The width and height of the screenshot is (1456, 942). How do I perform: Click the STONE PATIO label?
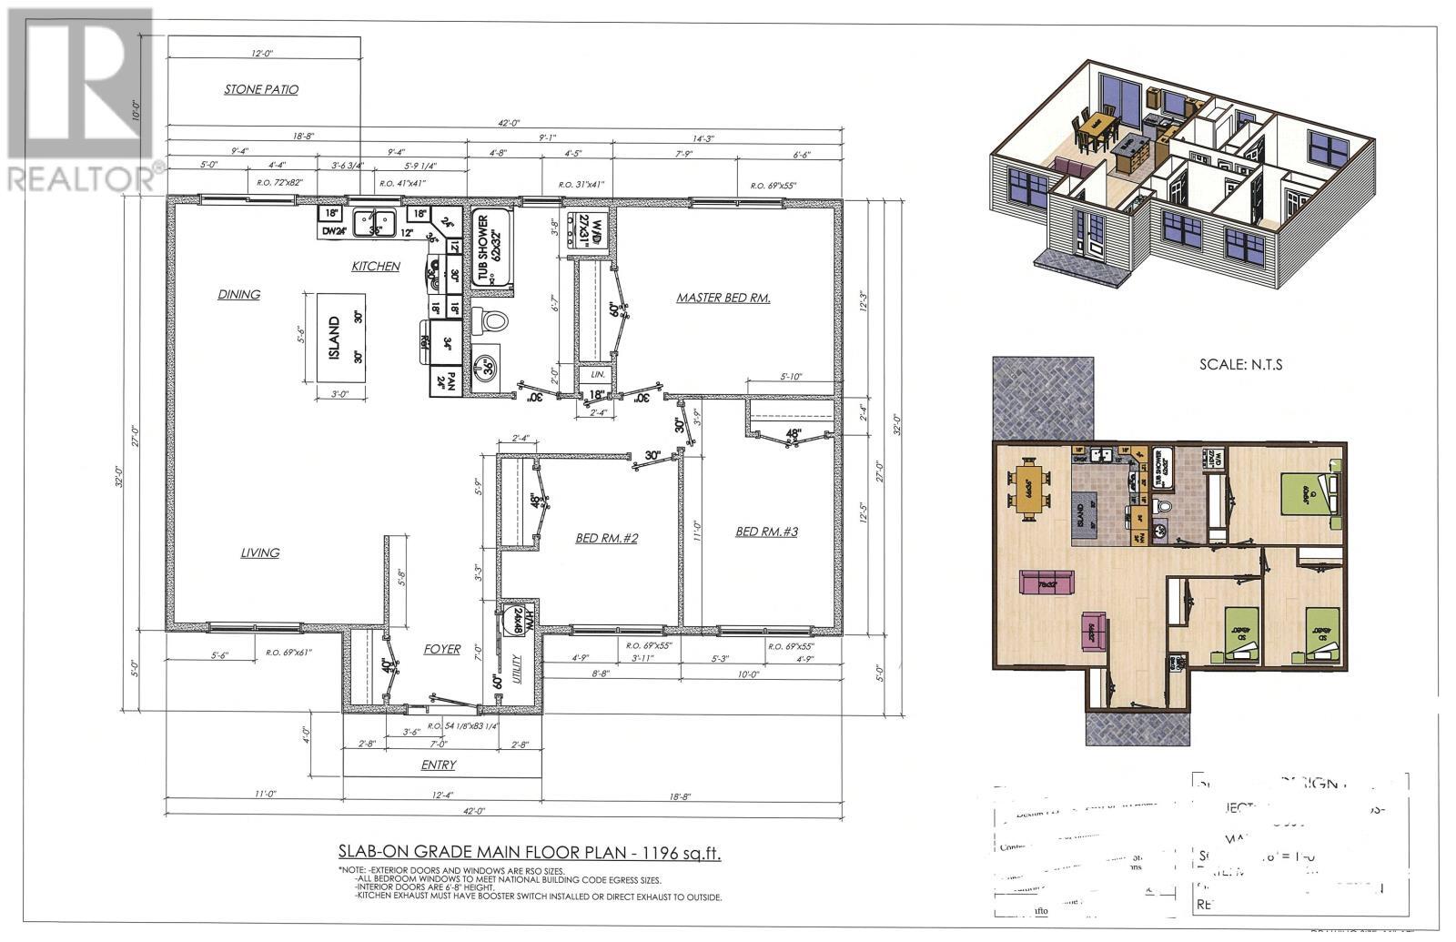(261, 89)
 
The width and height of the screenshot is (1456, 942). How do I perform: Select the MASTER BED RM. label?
(723, 298)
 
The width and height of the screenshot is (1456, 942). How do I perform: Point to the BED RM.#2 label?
(607, 539)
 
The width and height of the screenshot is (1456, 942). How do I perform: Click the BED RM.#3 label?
(766, 531)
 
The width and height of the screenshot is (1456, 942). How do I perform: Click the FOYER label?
(442, 649)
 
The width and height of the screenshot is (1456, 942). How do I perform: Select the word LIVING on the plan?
(260, 552)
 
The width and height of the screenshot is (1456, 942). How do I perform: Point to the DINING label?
(239, 294)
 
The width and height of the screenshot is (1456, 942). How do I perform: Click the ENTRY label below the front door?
(439, 765)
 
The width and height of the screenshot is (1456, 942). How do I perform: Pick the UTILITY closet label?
(517, 674)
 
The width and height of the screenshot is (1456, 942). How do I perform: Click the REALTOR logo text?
(82, 177)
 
